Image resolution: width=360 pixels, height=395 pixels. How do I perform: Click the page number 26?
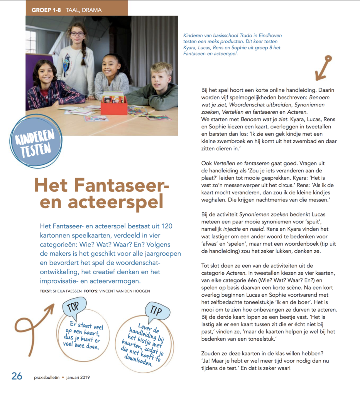17,376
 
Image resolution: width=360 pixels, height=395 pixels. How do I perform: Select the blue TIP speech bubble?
158,312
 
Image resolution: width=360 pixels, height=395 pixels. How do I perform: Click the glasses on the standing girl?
77,34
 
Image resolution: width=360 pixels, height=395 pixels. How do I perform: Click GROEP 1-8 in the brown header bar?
46,10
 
